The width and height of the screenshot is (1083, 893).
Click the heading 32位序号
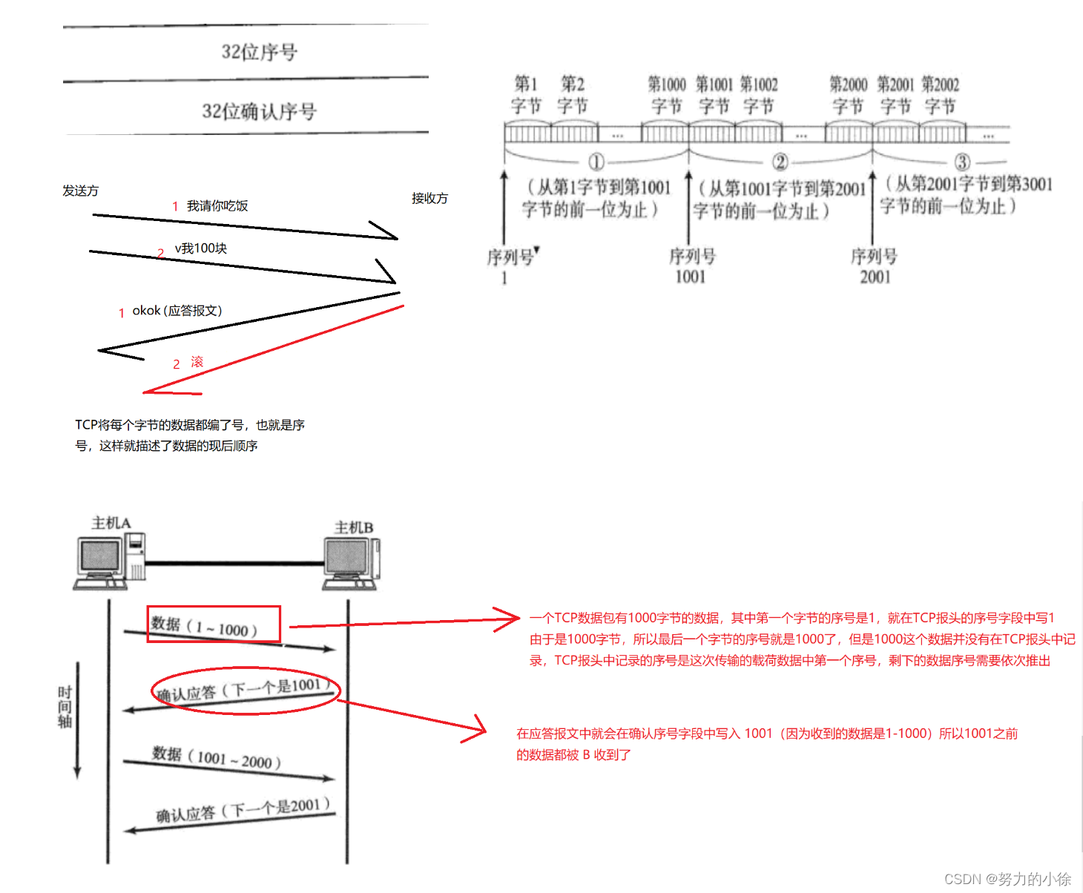coord(259,52)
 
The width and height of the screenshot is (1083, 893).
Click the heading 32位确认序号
coord(259,111)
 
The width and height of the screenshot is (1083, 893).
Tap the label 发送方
coord(80,191)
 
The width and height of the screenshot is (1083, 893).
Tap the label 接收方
coord(429,198)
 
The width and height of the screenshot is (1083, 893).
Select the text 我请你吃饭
coord(217,206)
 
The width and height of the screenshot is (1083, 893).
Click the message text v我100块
coord(200,248)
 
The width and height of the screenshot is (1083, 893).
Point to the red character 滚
coord(197,362)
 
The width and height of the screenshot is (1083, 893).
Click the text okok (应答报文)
coord(177,311)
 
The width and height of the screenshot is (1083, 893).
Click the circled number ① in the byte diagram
coord(596,162)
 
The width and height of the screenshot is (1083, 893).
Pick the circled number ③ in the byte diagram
coord(961,162)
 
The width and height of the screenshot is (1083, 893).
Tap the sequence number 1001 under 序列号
coord(690,277)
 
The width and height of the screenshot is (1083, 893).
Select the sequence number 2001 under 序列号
coord(875,277)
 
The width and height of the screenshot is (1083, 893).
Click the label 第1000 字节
coord(666,95)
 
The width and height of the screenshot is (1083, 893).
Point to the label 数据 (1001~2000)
coord(217,758)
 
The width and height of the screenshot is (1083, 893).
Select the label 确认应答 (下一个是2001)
coord(242,809)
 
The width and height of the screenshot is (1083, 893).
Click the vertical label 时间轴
coord(65,707)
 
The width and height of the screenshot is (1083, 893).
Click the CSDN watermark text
coord(1007,879)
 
